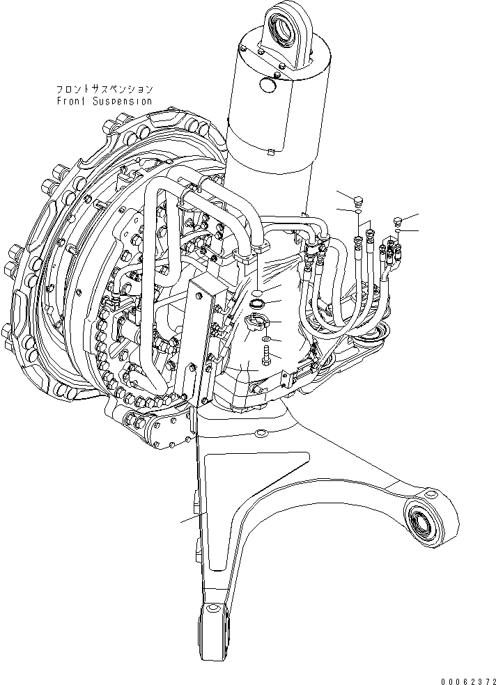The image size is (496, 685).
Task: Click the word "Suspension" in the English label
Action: click(x=125, y=100)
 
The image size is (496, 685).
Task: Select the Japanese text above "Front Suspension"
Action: click(x=104, y=90)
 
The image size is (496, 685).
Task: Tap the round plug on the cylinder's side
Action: click(x=268, y=84)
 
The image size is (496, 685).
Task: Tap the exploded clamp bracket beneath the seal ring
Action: click(x=255, y=323)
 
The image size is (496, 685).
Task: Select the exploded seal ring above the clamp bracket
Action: click(x=256, y=304)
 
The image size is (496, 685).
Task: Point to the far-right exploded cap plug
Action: click(x=398, y=222)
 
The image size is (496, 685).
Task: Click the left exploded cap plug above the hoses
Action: click(x=358, y=201)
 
